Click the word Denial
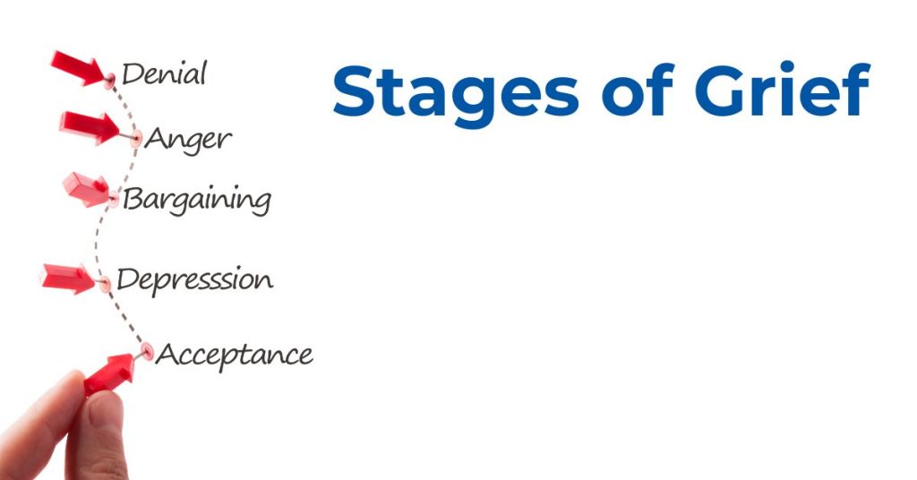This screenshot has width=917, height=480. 165,74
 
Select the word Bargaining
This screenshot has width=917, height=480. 197,201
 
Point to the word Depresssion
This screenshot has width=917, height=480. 194,280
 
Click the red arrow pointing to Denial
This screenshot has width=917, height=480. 79,68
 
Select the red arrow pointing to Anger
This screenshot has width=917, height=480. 90,127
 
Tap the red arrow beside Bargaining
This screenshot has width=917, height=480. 86,190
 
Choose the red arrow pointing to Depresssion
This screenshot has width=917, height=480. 67,279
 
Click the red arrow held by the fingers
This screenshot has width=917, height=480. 109,374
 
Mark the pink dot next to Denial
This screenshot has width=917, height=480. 110,79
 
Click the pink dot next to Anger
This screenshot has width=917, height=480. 136,139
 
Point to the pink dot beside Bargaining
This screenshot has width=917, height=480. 114,200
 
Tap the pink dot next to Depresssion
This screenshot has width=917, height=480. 105,285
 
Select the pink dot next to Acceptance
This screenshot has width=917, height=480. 147,352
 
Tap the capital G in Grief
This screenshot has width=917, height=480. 723,90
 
